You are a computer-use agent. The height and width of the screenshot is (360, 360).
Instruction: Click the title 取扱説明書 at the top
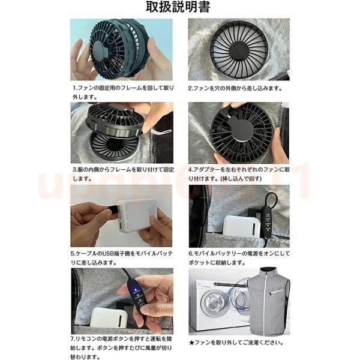point(178,7)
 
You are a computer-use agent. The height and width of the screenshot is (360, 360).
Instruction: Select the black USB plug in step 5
point(113,209)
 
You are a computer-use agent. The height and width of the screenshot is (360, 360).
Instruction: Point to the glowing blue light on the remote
point(136,290)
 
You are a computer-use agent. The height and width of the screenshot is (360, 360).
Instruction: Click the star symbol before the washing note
point(191,343)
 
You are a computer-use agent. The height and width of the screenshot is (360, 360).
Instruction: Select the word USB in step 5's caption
point(107,254)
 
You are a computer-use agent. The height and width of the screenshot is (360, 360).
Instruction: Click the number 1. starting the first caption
point(75,88)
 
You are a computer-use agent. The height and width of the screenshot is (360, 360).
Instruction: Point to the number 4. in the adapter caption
point(191,170)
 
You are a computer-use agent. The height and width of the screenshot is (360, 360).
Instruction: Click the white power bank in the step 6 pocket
point(239,227)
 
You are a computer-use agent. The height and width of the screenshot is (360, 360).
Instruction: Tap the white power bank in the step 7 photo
point(109,318)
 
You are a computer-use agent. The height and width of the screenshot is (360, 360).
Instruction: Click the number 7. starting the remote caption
point(73,338)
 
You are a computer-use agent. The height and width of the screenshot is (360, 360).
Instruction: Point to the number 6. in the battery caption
point(191,254)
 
